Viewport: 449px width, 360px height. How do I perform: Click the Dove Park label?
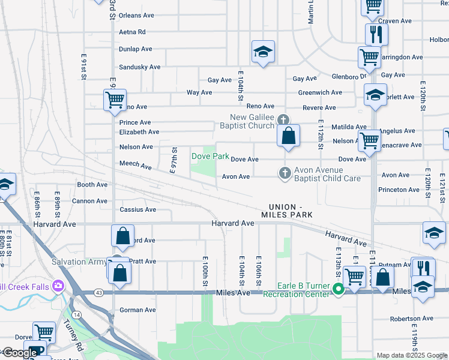coord(210,156)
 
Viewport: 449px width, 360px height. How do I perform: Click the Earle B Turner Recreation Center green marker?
coord(339,290)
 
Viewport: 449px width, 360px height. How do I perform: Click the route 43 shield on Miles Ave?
coord(98,292)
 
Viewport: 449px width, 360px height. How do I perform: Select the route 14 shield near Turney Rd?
coord(76,314)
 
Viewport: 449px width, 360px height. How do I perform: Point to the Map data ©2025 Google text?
coord(412,355)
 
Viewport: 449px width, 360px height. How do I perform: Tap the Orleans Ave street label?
coord(137,16)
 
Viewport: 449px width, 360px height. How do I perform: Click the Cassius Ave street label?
coord(138,209)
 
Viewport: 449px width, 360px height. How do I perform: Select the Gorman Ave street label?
coord(137,310)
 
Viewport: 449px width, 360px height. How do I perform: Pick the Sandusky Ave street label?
coord(139,67)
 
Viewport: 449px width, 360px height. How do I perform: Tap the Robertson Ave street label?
coord(428,319)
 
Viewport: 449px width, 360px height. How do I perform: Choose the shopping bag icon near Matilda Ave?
coord(289,137)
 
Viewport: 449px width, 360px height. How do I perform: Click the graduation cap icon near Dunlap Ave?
coord(263,53)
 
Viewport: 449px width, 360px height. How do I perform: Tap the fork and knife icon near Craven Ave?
coord(376,34)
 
